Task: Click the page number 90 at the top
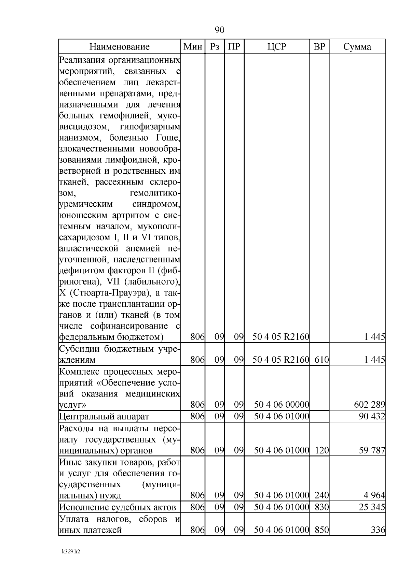(x=219, y=30)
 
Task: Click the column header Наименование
(x=120, y=47)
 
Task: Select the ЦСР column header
(x=277, y=47)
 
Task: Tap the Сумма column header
(x=357, y=47)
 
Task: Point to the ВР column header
(x=319, y=47)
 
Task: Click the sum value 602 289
(x=370, y=405)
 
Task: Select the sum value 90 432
(x=372, y=416)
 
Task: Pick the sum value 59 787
(x=372, y=450)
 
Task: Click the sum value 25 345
(x=372, y=507)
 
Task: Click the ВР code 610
(x=322, y=360)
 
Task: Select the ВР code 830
(x=322, y=507)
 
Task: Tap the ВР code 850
(x=322, y=530)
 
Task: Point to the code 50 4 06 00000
(x=282, y=405)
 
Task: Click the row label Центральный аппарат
(x=104, y=417)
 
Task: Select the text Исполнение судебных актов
(x=118, y=507)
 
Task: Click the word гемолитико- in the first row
(x=155, y=193)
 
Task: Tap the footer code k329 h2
(x=71, y=552)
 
